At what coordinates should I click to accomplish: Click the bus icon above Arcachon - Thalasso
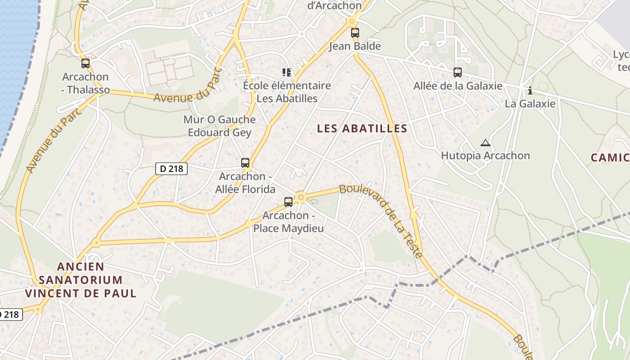tap(85, 63)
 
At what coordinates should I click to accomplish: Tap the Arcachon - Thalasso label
tap(85, 83)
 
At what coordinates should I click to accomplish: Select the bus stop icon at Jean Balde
tap(355, 33)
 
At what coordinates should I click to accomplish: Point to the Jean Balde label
tap(355, 46)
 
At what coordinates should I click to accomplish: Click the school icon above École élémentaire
tap(286, 72)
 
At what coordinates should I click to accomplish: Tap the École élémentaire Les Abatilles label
tap(287, 92)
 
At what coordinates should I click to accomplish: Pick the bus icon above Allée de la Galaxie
tap(458, 72)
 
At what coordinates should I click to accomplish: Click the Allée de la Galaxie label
tap(458, 85)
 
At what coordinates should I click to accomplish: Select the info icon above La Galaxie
tap(530, 91)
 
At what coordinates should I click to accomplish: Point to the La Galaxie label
tap(530, 103)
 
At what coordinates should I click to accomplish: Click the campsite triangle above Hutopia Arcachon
tap(485, 143)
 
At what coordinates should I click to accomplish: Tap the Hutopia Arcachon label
tap(485, 156)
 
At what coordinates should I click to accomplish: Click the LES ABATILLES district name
tap(362, 129)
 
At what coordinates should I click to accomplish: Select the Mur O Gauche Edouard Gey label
tap(219, 126)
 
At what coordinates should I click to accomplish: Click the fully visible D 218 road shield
tap(171, 169)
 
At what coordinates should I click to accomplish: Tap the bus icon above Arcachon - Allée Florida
tap(245, 163)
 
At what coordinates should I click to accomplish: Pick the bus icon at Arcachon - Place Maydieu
tap(288, 202)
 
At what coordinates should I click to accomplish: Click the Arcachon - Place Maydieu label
tap(288, 222)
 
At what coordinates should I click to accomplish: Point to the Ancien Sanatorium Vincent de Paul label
tap(81, 280)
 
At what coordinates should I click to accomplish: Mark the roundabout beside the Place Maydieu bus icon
tap(301, 197)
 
